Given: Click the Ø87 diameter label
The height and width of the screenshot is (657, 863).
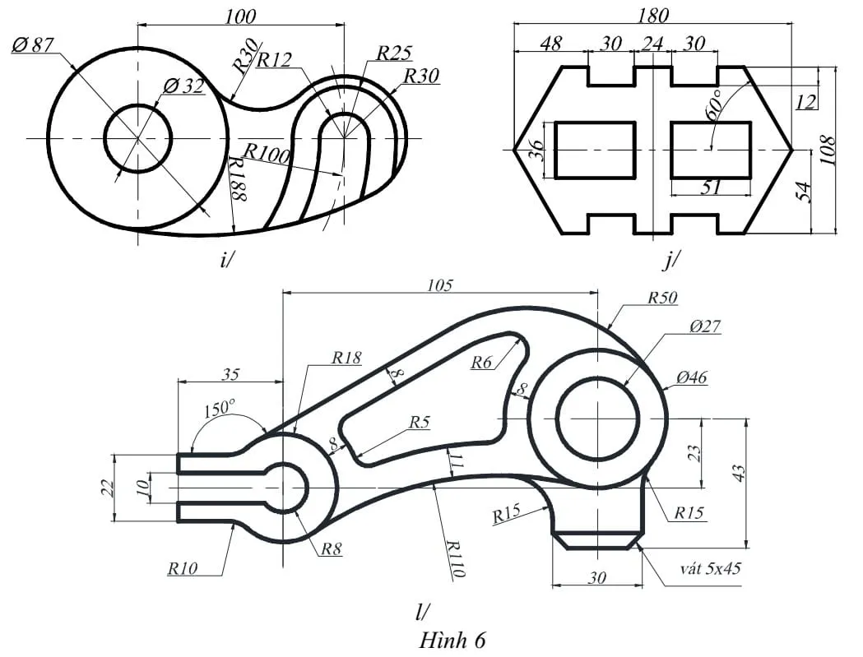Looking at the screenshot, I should pos(32,45).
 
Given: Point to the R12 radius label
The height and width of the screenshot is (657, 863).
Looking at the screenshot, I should pos(274,60).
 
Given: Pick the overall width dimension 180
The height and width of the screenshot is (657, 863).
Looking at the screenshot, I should pos(652,16).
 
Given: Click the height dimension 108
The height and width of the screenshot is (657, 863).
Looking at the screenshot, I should pos(828,150).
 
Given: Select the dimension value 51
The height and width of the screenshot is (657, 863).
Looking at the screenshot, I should pos(710,187).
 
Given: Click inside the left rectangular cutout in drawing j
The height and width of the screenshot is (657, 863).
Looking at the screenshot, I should pos(595,150).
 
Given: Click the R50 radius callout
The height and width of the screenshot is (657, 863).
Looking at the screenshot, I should pos(661,298).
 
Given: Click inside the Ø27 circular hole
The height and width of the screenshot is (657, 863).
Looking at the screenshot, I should pos(598,419).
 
